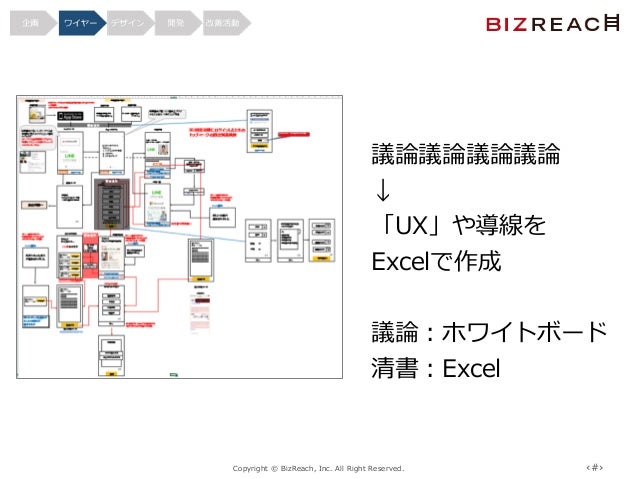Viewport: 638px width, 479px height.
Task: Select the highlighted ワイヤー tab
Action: point(77,21)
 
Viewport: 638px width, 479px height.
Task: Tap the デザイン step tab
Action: point(127,21)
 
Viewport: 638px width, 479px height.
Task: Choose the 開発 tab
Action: point(176,21)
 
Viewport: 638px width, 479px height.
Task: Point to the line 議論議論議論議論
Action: point(465,156)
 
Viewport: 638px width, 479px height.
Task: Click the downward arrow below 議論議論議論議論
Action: point(381,191)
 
